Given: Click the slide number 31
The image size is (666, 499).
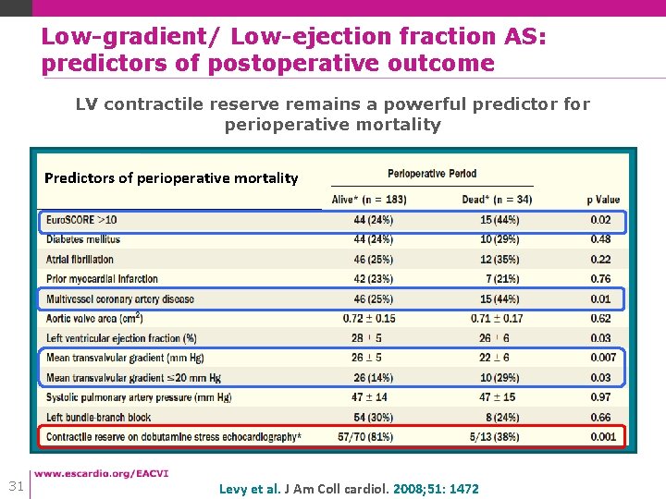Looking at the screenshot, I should click(x=15, y=486).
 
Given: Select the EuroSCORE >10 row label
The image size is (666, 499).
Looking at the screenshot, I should click(x=82, y=220).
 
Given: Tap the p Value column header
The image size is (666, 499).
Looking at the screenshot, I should click(x=603, y=200).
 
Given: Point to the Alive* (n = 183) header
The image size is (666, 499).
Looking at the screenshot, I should click(x=369, y=200).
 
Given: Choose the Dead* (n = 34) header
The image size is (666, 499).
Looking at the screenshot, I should click(x=497, y=200).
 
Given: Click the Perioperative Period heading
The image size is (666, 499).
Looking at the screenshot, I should click(x=432, y=174).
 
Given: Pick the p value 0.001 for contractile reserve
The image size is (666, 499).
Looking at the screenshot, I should click(x=603, y=436).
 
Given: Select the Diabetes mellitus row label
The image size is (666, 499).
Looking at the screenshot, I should click(x=83, y=239).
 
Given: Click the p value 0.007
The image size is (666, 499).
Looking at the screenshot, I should click(x=603, y=358).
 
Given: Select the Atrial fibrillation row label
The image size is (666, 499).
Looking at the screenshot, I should click(x=80, y=260).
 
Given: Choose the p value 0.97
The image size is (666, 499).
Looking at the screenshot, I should click(x=601, y=397).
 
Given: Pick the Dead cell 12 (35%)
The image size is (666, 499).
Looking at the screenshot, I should click(x=499, y=260).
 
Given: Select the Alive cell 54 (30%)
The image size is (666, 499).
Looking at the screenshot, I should click(x=373, y=417).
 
